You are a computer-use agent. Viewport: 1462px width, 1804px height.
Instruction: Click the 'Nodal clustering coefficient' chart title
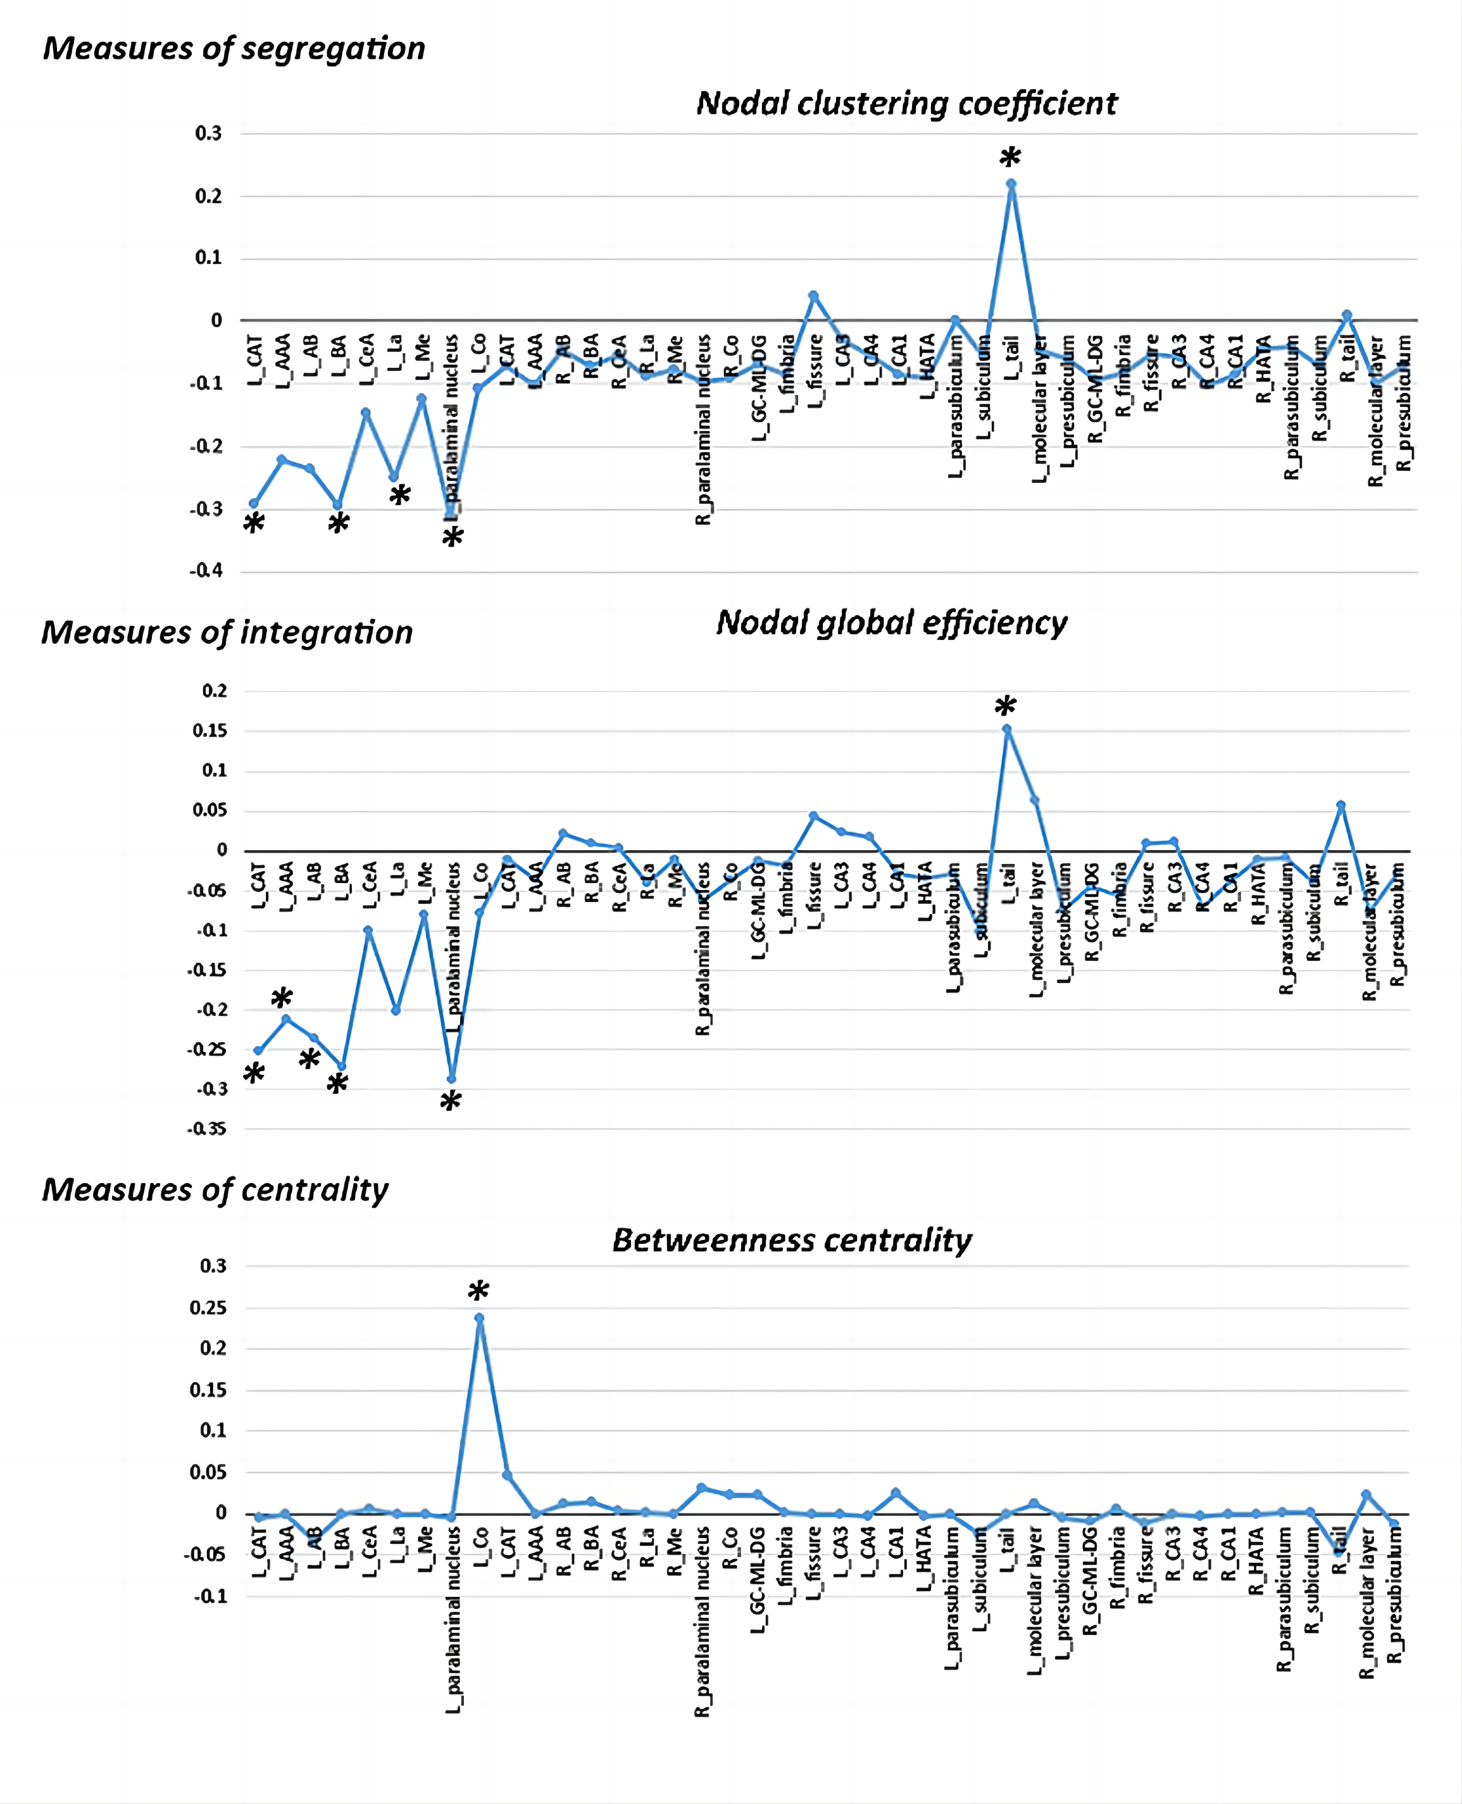pos(906,104)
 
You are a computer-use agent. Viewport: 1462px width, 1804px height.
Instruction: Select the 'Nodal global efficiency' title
pos(891,623)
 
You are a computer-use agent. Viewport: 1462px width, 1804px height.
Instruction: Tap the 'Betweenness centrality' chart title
pos(792,1240)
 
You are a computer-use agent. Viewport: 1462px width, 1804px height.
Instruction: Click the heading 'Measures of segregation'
pos(234,49)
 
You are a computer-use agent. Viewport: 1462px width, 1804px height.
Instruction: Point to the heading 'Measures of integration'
pos(227,632)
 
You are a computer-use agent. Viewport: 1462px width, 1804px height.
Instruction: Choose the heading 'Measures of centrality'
pos(216,1190)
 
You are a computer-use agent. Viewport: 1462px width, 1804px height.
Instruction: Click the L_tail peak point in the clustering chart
pos(1011,184)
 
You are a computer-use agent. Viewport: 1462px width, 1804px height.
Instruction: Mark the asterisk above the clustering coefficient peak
pos(1009,158)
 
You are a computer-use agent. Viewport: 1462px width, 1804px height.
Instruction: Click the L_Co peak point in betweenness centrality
pos(479,1318)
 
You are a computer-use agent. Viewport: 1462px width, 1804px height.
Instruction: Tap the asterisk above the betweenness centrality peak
pos(478,1292)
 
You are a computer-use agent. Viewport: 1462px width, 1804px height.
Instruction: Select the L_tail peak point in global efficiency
pos(1006,729)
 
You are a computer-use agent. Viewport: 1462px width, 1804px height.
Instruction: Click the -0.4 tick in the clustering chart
pos(206,571)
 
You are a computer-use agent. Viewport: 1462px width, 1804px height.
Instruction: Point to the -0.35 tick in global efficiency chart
pos(207,1129)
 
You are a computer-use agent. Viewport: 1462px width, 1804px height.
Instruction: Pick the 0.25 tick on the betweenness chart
pos(208,1308)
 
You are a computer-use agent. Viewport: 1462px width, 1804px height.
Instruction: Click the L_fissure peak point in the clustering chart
pos(813,296)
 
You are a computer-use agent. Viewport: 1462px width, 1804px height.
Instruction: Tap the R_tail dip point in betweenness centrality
pos(1339,1551)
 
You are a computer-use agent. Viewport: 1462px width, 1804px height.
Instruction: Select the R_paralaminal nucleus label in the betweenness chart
pos(703,1621)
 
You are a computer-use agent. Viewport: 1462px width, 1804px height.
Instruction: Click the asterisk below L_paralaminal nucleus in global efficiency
pos(451,1101)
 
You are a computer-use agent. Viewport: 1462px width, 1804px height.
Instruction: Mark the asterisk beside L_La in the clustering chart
pos(400,495)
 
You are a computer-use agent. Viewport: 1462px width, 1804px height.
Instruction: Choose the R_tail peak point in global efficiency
pos(1340,805)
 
